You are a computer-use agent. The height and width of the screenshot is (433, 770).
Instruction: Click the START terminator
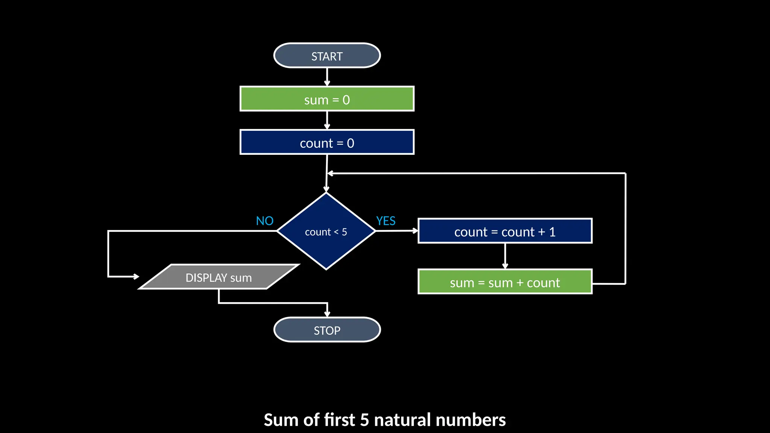[x=327, y=56]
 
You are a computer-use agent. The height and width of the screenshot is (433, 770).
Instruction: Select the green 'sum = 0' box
[x=327, y=99]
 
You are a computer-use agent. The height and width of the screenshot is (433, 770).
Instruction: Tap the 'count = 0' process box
[x=327, y=142]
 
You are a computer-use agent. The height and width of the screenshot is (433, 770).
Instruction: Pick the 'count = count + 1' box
[x=505, y=231]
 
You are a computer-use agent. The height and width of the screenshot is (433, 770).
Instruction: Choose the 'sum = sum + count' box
[x=505, y=282]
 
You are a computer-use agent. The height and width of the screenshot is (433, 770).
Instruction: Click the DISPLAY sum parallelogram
[x=219, y=277]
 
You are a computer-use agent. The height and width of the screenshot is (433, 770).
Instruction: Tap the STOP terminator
[x=327, y=330]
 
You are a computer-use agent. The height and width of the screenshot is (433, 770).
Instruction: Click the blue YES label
[x=386, y=221]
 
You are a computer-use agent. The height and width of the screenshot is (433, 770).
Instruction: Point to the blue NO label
[x=265, y=221]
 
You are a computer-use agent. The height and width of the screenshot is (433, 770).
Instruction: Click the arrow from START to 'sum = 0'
[x=327, y=77]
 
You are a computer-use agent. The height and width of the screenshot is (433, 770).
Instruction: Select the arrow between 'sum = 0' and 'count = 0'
[x=327, y=120]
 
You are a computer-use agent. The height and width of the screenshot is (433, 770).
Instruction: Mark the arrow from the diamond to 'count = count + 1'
[x=397, y=231]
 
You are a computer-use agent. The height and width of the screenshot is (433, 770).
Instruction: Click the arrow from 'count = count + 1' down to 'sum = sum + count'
[x=505, y=256]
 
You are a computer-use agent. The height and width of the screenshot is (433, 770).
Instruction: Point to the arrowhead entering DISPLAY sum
[x=136, y=277]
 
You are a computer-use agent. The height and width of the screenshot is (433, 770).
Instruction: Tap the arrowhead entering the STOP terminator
[x=327, y=314]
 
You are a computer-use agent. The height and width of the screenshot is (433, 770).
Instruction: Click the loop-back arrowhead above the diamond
[x=330, y=173]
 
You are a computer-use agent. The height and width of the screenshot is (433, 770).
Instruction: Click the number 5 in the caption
[x=364, y=420]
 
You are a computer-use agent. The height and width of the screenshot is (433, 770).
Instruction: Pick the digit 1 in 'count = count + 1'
[x=552, y=232]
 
